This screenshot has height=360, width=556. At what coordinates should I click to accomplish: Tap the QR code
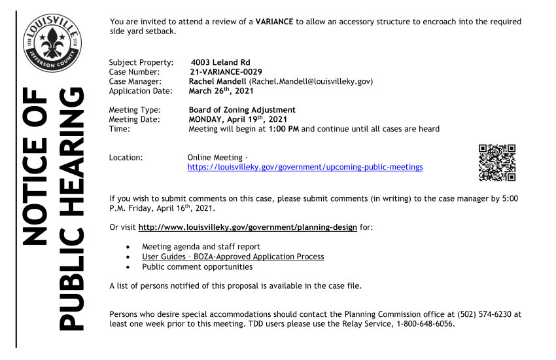tap(497, 162)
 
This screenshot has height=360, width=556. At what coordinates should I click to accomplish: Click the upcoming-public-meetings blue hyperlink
tap(305, 168)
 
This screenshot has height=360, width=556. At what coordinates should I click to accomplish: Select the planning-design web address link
tap(248, 227)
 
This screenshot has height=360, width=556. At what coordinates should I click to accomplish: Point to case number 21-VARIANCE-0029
tap(226, 72)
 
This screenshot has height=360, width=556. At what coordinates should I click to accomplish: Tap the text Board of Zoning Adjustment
tap(242, 110)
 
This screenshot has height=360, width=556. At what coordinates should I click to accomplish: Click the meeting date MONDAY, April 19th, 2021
tap(239, 119)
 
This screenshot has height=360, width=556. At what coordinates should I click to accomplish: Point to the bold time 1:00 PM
tap(283, 129)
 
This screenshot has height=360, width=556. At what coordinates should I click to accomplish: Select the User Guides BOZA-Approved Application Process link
tap(233, 257)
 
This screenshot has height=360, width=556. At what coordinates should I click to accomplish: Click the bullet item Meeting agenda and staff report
tap(201, 247)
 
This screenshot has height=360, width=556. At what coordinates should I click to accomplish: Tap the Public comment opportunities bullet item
tap(197, 266)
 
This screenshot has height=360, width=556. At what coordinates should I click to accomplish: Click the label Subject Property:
tap(141, 63)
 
